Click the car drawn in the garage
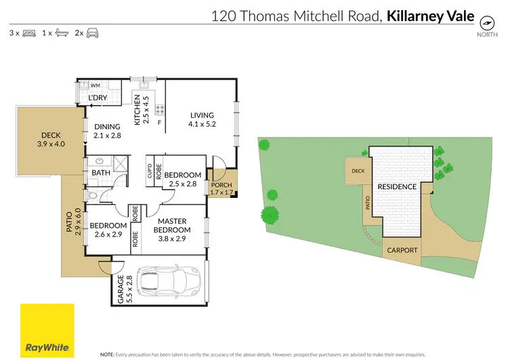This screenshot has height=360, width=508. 169,280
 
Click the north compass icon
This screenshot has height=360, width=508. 486,22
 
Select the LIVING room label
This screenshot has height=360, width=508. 201,119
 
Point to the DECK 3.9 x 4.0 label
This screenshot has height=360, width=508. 51,139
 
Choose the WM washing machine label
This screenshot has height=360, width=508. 95,86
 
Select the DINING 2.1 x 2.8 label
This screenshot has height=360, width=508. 107,130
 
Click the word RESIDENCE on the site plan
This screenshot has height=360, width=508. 397,186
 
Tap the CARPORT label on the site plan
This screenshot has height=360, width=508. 402,250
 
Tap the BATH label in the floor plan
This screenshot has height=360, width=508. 100,173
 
